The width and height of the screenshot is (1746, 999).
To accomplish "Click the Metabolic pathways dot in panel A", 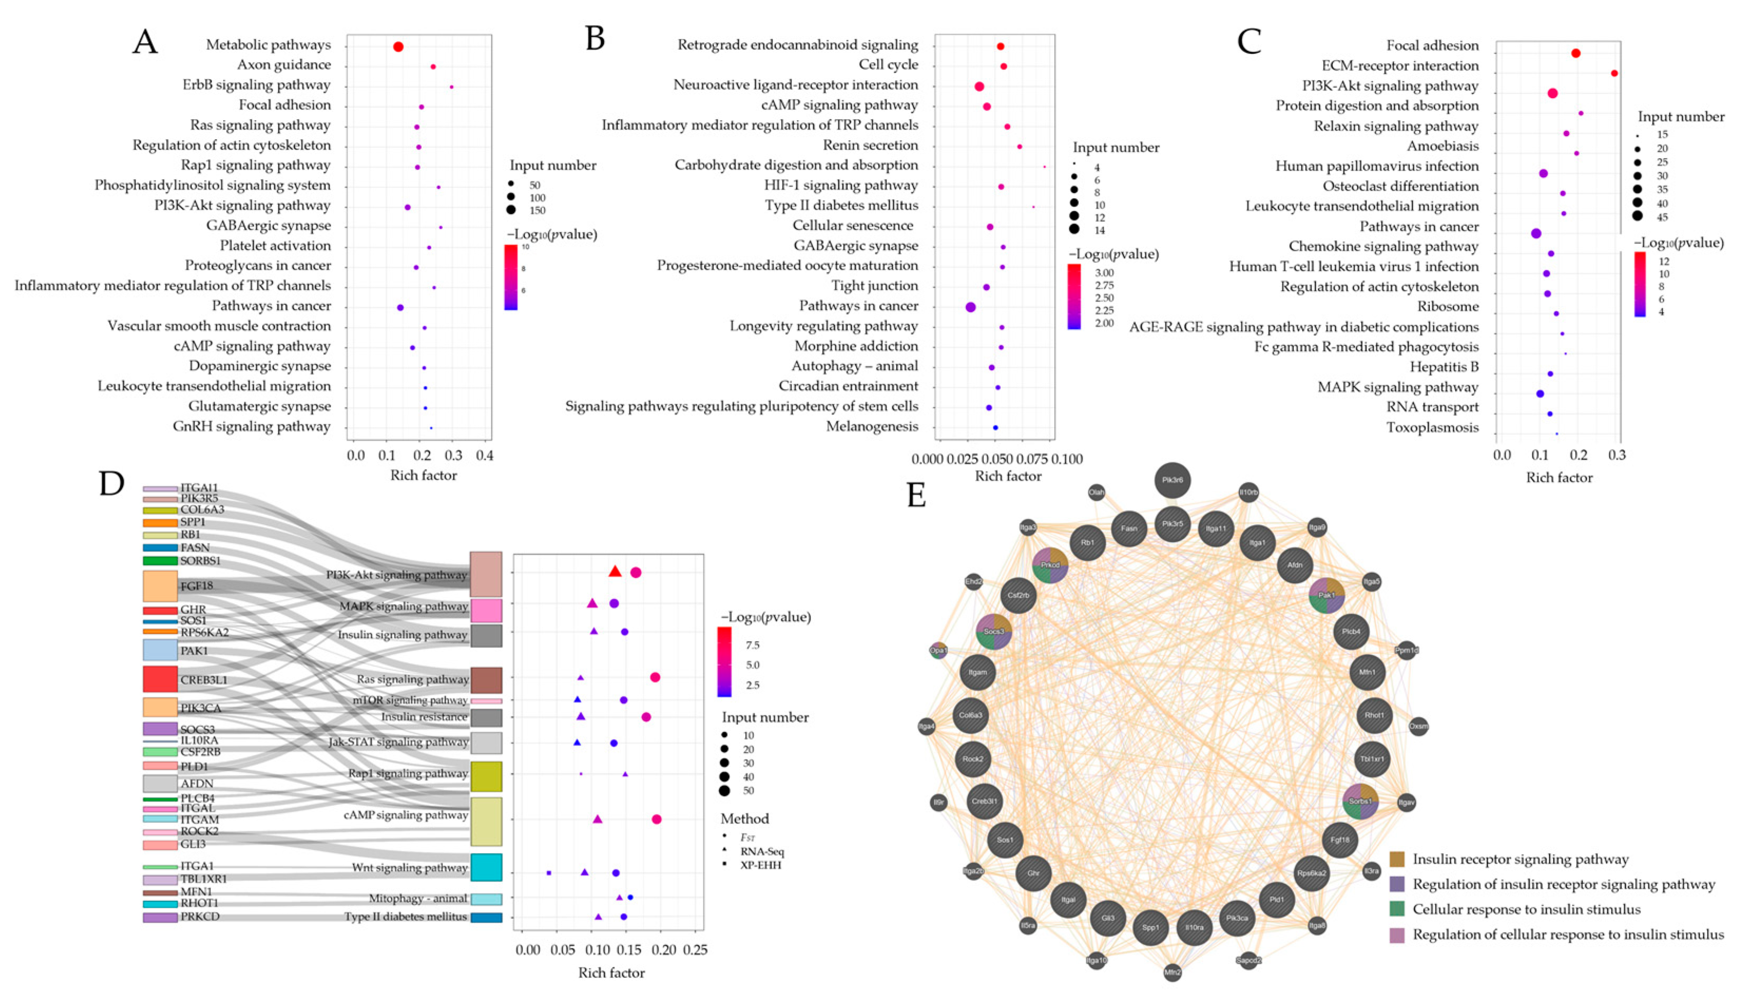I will [x=398, y=47].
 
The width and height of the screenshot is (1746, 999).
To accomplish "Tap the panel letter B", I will [x=595, y=40].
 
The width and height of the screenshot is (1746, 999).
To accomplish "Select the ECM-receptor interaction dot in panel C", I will [x=1614, y=73].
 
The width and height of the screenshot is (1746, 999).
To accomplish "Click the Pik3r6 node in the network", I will [x=1172, y=480].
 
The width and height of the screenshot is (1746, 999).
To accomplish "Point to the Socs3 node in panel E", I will [x=994, y=631].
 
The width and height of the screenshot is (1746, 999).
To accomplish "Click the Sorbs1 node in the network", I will [x=1361, y=801].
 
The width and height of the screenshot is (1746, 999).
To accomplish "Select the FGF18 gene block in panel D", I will [x=160, y=586].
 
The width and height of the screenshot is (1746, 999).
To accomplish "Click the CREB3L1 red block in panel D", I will [x=160, y=679].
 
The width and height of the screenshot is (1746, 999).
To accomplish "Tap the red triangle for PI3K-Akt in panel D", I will [x=615, y=571].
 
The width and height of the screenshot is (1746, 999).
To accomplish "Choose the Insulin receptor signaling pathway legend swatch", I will [x=1397, y=859].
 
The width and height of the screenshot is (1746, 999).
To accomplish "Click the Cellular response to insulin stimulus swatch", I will [x=1397, y=909].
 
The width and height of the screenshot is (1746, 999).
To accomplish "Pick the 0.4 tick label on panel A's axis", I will [x=485, y=455].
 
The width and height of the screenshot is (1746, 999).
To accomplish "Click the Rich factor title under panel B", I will [x=1008, y=476].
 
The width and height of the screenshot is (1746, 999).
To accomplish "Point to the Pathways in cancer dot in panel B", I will [x=970, y=307].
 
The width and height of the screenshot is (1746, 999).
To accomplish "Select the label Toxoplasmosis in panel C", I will [x=1432, y=428].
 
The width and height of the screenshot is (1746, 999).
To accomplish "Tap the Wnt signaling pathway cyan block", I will [x=486, y=867].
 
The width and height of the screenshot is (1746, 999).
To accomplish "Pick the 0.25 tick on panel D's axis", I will [x=695, y=950].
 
